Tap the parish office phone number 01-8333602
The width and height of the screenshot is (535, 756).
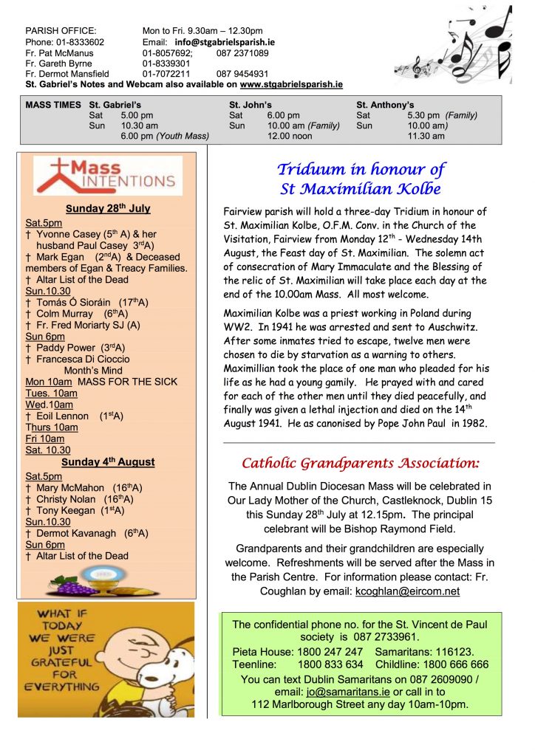pos(78,42)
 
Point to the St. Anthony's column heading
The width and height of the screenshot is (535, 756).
pos(385,105)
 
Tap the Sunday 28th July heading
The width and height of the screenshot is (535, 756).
pos(107,209)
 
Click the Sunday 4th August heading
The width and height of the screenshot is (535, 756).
pos(108,462)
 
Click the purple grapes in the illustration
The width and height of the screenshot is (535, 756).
pos(76,586)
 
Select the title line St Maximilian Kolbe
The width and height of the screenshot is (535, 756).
pos(361,188)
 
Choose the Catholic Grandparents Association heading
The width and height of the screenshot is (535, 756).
pos(361,464)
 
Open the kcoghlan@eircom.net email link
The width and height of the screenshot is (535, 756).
pos(407,591)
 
